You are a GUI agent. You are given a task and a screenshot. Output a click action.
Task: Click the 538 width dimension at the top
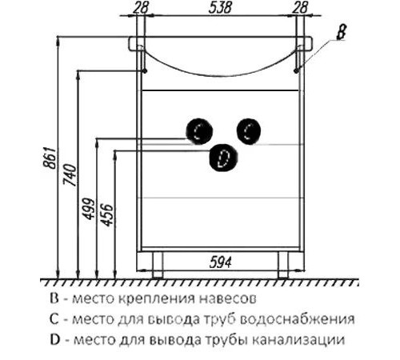click(x=220, y=7)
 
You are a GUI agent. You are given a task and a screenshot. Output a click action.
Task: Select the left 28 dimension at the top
click(x=141, y=7)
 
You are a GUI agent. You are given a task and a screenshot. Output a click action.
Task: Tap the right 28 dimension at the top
click(x=300, y=7)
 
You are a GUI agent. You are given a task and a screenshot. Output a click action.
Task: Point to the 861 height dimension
click(x=50, y=158)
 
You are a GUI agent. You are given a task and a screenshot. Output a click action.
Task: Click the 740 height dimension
click(x=70, y=175)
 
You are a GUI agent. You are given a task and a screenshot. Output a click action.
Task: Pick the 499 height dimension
click(x=89, y=209)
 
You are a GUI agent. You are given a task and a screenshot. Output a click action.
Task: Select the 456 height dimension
click(x=108, y=215)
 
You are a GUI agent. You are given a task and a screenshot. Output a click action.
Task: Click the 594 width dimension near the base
click(x=220, y=262)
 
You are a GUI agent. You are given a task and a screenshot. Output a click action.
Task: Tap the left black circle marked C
click(x=199, y=131)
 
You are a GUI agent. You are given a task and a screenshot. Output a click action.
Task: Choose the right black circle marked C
click(x=249, y=131)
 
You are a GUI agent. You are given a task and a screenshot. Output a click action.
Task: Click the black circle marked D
click(x=223, y=158)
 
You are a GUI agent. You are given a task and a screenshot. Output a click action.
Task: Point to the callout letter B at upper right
click(x=341, y=32)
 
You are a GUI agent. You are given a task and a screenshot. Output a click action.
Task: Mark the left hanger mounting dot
click(x=145, y=71)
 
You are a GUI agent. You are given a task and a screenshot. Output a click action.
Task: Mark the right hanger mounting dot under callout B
click(x=296, y=71)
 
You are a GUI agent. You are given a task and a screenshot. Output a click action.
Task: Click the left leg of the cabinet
click(x=158, y=265)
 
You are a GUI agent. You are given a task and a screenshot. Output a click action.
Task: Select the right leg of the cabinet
click(x=283, y=265)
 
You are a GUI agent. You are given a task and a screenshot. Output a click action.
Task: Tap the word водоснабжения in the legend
click(x=298, y=319)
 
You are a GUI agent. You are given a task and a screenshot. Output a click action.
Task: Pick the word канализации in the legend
click(x=298, y=340)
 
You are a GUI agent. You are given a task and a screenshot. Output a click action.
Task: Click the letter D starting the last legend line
click(x=55, y=339)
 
